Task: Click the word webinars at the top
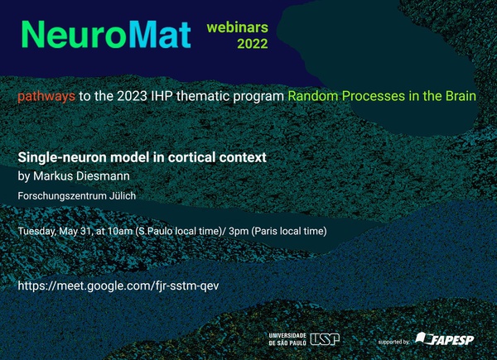pyautogui.click(x=238, y=27)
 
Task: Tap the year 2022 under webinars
pyautogui.click(x=253, y=44)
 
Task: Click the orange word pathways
pyautogui.click(x=46, y=96)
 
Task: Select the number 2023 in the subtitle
pyautogui.click(x=132, y=96)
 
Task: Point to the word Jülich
pyautogui.click(x=123, y=195)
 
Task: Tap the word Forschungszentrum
pyautogui.click(x=62, y=196)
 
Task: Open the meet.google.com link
pyautogui.click(x=118, y=286)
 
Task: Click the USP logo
pyautogui.click(x=325, y=339)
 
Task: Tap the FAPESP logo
pyautogui.click(x=445, y=339)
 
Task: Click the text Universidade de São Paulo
pyautogui.click(x=287, y=339)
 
